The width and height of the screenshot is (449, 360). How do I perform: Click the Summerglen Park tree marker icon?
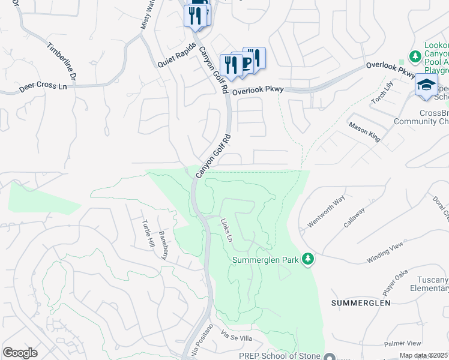click(308, 259)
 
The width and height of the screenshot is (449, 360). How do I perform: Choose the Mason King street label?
click(365, 132)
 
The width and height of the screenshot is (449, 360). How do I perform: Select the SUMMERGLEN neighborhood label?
click(361, 303)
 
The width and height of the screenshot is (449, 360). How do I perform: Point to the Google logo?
click(20, 353)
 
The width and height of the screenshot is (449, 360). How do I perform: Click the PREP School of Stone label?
click(280, 355)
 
